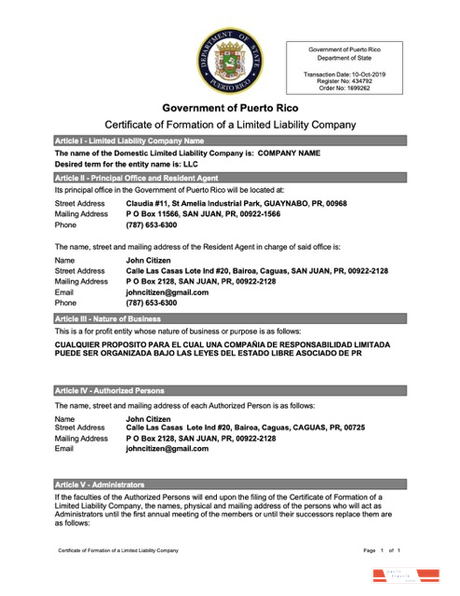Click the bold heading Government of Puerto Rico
click(x=230, y=108)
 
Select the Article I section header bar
click(x=230, y=140)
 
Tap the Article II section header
click(x=230, y=177)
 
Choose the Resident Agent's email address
click(x=167, y=291)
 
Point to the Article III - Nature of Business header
click(x=230, y=318)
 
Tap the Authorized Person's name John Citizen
click(x=148, y=419)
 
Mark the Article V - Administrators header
click(x=230, y=485)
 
